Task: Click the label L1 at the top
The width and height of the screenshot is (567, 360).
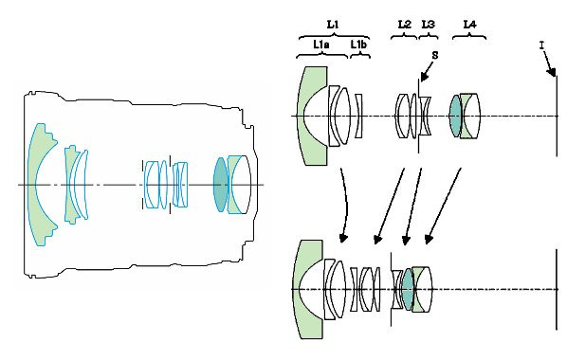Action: (x=333, y=25)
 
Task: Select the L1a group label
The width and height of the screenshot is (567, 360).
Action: (x=321, y=45)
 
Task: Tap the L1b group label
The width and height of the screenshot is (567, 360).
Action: (x=358, y=45)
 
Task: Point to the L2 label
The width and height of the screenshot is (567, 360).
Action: (x=405, y=25)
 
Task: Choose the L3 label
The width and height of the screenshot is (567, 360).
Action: (x=429, y=25)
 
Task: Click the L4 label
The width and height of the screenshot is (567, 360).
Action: (x=469, y=25)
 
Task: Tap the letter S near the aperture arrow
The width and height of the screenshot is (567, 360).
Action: (x=435, y=55)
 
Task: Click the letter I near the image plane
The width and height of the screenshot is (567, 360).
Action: (x=541, y=45)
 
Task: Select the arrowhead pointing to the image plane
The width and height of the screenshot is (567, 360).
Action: (x=552, y=72)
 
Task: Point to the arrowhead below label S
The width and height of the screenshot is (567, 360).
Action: (x=424, y=77)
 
